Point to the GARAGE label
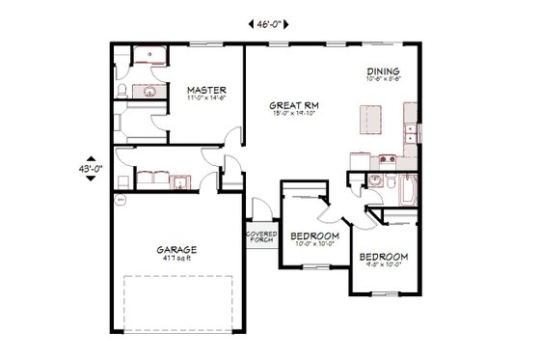(x=175, y=249)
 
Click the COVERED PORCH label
(x=261, y=236)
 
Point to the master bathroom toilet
(x=120, y=91)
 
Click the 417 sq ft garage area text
(x=175, y=259)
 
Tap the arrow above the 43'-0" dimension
(x=93, y=159)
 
